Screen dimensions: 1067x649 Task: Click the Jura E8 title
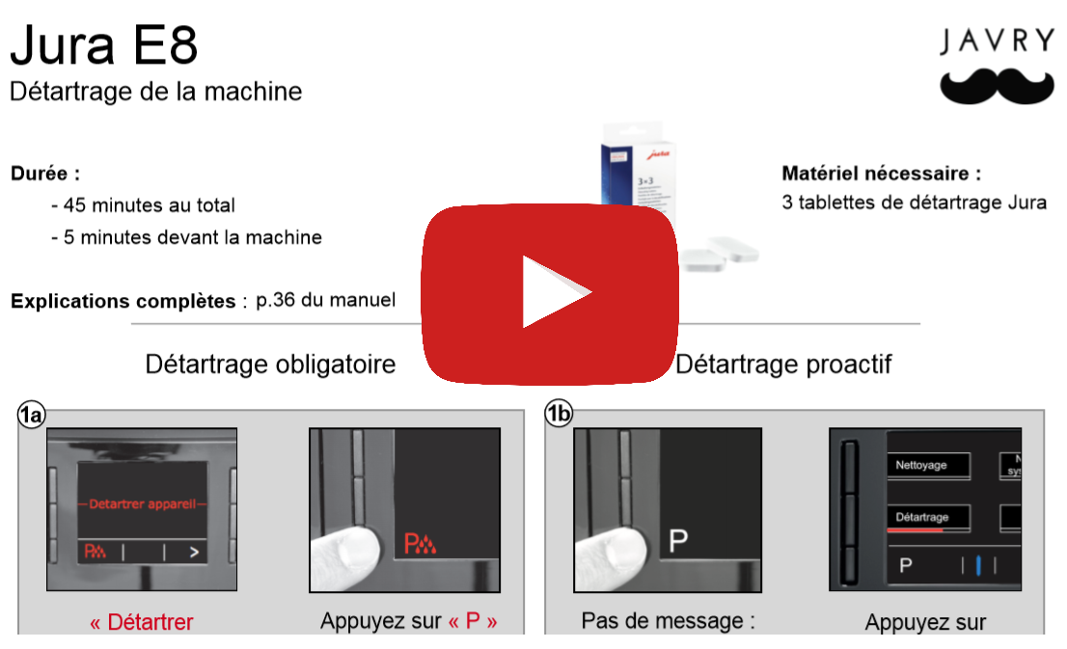104,45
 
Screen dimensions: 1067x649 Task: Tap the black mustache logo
997,86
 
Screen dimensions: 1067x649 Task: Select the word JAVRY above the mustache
997,41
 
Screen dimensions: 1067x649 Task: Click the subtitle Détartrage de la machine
155,92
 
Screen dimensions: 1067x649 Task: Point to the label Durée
44,175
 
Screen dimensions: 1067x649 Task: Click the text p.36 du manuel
325,300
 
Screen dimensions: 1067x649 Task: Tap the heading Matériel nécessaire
881,175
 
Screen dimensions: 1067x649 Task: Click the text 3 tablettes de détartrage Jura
914,203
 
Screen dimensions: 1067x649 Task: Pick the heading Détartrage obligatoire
270,365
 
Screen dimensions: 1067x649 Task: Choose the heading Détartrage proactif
782,365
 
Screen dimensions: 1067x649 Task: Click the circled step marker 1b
559,415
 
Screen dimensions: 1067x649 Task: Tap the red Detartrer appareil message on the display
142,503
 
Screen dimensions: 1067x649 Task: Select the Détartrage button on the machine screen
926,518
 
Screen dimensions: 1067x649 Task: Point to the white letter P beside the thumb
678,541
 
